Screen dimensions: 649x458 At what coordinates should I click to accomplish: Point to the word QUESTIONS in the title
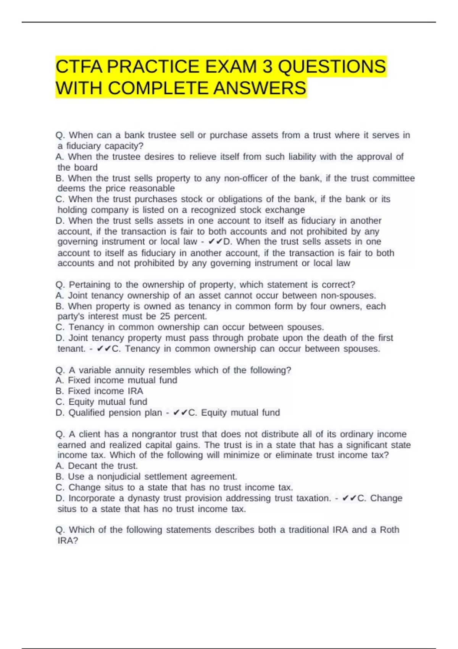point(332,67)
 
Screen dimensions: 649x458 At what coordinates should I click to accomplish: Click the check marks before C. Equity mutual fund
point(180,412)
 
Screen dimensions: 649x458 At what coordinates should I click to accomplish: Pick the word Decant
point(82,466)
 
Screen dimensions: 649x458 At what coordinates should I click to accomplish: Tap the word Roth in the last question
point(389,530)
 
